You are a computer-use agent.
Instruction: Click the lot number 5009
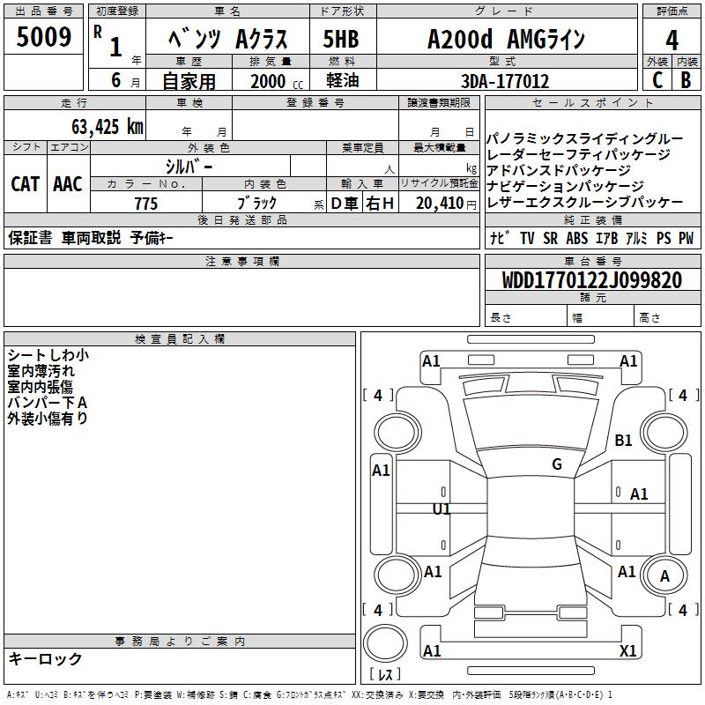(x=43, y=36)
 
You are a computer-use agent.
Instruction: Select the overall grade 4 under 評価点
(x=672, y=41)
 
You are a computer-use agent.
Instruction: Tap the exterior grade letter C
(x=657, y=80)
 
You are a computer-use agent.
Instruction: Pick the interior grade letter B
(x=686, y=80)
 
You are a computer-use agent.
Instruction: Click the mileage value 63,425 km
(x=108, y=127)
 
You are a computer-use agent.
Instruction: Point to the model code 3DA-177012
(x=505, y=81)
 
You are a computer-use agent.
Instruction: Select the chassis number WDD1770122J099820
(x=592, y=280)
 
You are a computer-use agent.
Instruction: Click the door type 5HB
(x=341, y=39)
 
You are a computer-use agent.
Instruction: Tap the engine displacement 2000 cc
(x=277, y=81)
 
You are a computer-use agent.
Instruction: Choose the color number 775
(x=146, y=204)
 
